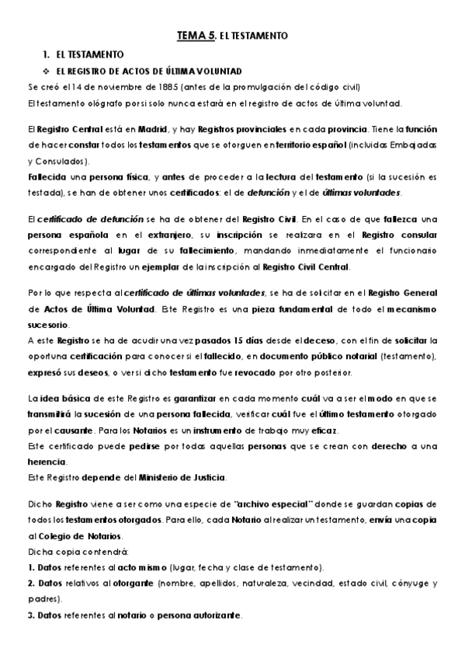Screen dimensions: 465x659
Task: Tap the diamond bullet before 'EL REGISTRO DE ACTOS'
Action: (47, 71)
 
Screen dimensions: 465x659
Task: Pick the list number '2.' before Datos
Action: (31, 582)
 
